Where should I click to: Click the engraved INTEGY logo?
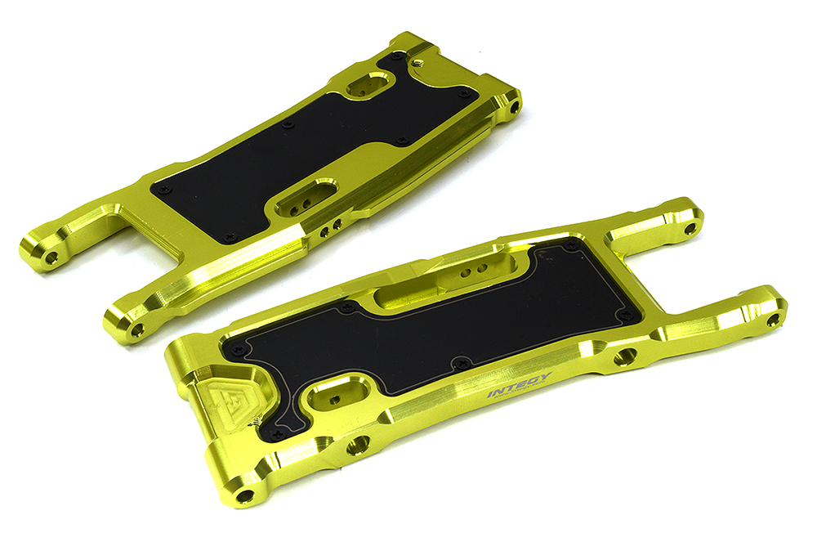(520, 385)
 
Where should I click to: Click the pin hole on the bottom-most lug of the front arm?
(243, 495)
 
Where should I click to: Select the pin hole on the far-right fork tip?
(773, 320)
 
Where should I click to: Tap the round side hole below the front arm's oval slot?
(357, 446)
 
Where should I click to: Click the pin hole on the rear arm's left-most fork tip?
(51, 258)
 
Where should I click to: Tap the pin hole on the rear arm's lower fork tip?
(136, 329)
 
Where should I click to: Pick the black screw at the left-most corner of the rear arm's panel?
(165, 189)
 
